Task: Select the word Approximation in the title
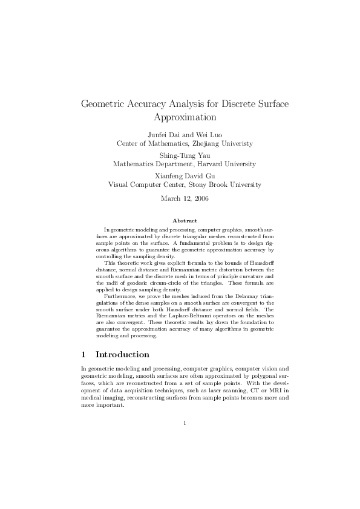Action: pyautogui.click(x=185, y=117)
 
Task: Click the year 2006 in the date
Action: pyautogui.click(x=200, y=198)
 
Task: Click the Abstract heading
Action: pyautogui.click(x=185, y=221)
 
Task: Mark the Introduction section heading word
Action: pyautogui.click(x=122, y=354)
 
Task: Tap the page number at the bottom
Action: pyautogui.click(x=185, y=423)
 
